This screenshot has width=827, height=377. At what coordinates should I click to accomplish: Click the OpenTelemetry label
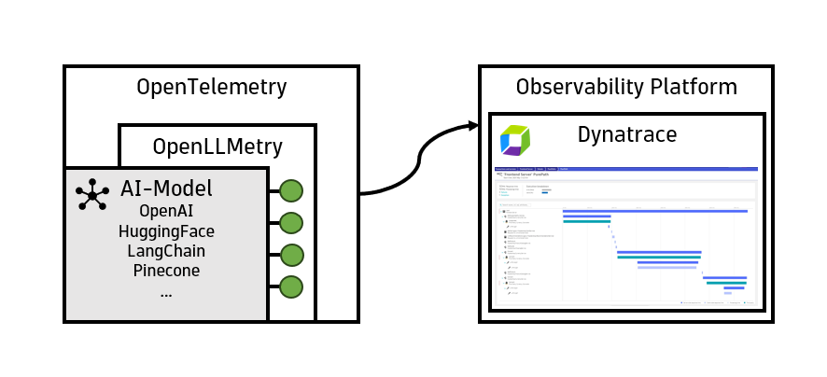point(211,88)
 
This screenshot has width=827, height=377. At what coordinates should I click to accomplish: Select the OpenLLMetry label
point(217,147)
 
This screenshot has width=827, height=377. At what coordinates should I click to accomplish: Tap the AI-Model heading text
point(166,187)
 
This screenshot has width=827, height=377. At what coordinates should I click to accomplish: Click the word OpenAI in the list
point(166,210)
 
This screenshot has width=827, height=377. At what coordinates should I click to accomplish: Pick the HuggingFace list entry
point(166,230)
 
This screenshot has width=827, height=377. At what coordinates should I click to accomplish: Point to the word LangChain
point(166,251)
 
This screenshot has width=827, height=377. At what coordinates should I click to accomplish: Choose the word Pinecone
point(166,272)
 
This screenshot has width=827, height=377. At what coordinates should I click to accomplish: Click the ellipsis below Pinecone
point(166,294)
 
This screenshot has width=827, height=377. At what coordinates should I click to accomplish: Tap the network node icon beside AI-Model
point(91,195)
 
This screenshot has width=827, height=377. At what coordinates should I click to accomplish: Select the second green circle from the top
point(291,223)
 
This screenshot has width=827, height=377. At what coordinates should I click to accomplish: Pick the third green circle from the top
point(291,255)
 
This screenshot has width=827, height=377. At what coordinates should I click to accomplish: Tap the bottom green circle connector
point(291,287)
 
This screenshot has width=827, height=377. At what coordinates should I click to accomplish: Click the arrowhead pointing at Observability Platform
point(470,125)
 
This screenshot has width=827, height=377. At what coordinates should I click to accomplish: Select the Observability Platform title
point(626,88)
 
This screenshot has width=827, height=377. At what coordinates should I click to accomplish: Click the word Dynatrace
point(627,134)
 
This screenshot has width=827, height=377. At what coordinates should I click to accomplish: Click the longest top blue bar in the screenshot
point(654,211)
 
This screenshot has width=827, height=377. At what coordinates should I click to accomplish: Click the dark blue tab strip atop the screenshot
point(625,169)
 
